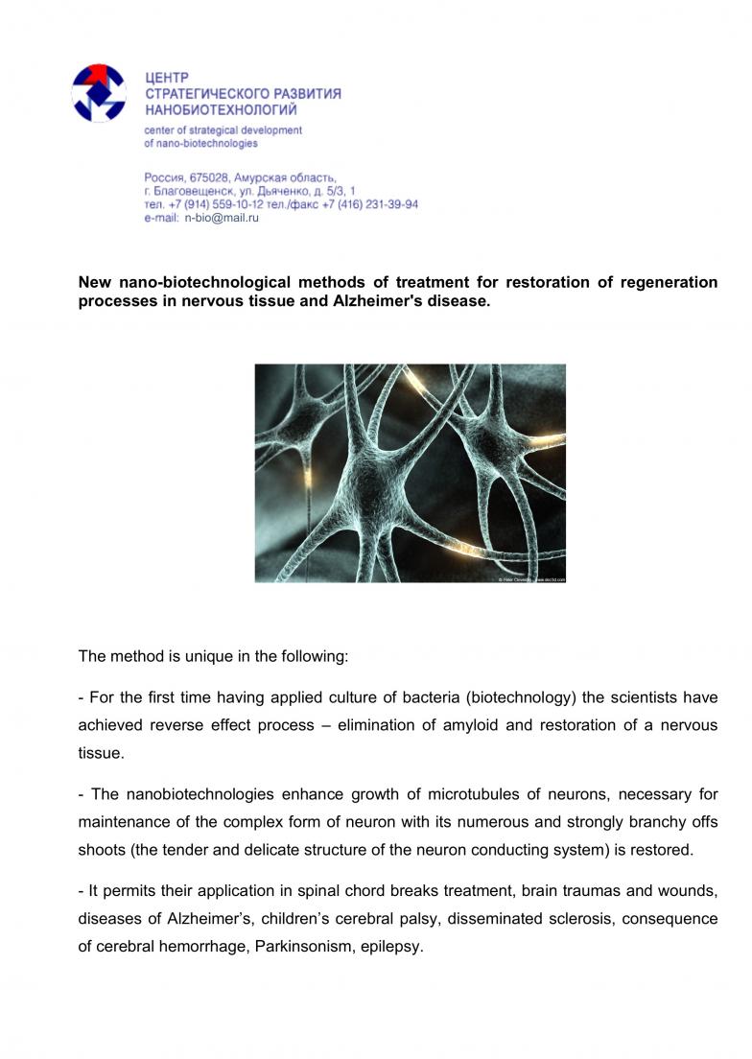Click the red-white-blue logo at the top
tap(100, 92)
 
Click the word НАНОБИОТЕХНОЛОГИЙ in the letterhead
tap(221, 110)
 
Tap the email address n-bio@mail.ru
tap(222, 218)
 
